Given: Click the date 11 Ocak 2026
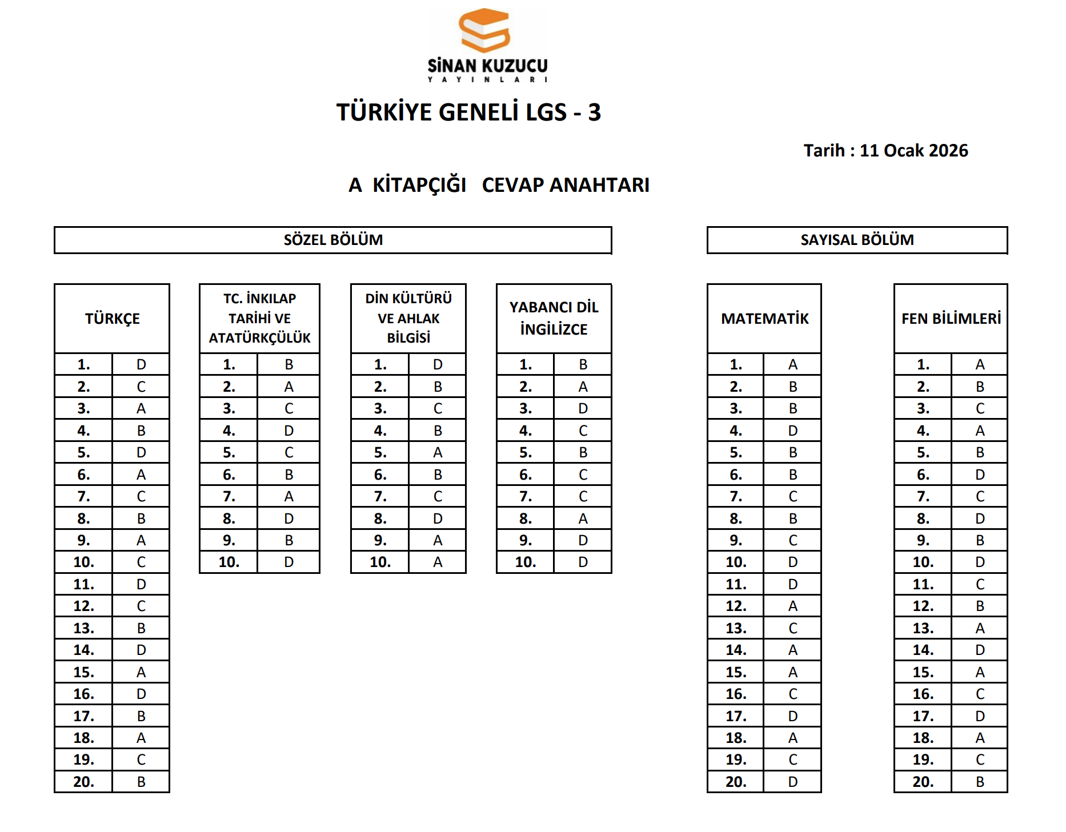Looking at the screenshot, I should coord(913,151).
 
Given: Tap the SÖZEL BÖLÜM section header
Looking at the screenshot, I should coord(333,240).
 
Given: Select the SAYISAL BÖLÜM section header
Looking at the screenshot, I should coord(857,240).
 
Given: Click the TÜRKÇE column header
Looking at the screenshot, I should coord(112,319).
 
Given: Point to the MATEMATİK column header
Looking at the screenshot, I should coord(764,319).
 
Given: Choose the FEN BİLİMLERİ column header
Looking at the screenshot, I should coord(951,319).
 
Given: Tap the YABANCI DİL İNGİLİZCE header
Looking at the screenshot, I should coord(554,318).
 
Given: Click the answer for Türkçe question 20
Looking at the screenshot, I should coord(141,782).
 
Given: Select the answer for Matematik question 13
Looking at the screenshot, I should coord(792,628).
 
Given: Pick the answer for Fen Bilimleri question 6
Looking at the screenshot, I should coord(980,475).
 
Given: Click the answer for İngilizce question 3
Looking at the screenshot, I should coord(583,409).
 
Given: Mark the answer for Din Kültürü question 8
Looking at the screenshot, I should coord(438,519).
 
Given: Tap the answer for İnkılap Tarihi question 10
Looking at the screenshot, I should coord(288,562).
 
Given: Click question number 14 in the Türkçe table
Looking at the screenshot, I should coord(83,650).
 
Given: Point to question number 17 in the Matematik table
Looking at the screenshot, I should coord(736,716).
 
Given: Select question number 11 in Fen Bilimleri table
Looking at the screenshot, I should coord(923,585).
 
